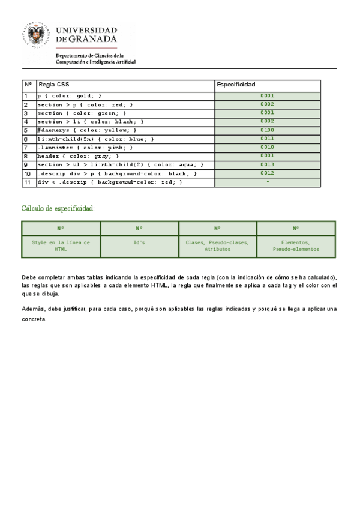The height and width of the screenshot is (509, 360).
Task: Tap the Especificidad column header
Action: [x=236, y=85]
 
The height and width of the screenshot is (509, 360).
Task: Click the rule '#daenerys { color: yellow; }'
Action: [x=87, y=130]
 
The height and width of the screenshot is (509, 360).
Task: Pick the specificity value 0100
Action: [x=267, y=130]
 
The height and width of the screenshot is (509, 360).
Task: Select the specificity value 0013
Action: [x=267, y=164]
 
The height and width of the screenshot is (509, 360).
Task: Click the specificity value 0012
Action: [x=267, y=173]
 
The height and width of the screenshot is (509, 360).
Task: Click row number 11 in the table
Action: [x=27, y=182]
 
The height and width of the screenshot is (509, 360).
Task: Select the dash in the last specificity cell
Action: [x=267, y=182]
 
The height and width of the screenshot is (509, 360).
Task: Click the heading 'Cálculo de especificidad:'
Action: [x=58, y=208]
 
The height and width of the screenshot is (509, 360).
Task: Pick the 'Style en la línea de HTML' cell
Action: [x=61, y=245]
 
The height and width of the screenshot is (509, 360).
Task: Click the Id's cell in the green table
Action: [x=139, y=242]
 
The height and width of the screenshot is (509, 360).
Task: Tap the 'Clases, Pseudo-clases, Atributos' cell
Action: [x=217, y=245]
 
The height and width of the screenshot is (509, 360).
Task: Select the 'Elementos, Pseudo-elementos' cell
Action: [x=296, y=245]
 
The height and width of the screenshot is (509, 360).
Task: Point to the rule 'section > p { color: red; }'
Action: [x=85, y=104]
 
